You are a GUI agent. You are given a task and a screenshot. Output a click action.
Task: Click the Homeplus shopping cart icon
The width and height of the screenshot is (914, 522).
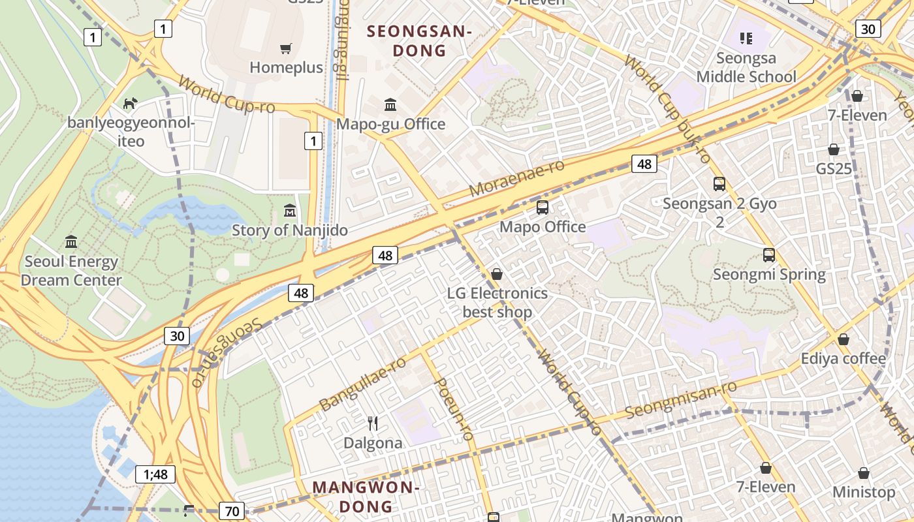pyautogui.click(x=285, y=49)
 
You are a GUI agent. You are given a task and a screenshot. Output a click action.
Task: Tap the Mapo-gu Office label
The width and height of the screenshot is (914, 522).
pyautogui.click(x=390, y=124)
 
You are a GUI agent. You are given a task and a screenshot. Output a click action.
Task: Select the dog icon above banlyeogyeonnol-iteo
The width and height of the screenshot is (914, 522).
pyautogui.click(x=131, y=103)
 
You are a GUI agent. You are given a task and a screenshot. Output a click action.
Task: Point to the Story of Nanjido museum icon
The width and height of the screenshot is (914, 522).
pyautogui.click(x=290, y=211)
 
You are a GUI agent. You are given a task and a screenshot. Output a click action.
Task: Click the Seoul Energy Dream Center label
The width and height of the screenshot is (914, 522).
pyautogui.click(x=71, y=271)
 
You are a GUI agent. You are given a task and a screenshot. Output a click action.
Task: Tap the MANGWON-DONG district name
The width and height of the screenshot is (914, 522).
pyautogui.click(x=365, y=497)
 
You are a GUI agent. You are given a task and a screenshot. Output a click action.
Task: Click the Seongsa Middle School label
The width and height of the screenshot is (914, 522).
pyautogui.click(x=746, y=68)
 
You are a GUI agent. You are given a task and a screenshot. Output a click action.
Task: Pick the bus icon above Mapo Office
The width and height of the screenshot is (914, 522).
pyautogui.click(x=543, y=207)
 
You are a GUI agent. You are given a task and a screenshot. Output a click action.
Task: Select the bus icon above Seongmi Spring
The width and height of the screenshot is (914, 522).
pyautogui.click(x=769, y=255)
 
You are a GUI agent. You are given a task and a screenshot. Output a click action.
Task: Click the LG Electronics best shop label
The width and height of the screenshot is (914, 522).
pyautogui.click(x=497, y=302)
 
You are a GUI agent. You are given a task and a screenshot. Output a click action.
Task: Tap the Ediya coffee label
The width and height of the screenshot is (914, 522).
pyautogui.click(x=843, y=359)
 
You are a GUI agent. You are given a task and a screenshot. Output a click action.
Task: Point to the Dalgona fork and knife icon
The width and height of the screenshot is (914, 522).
pyautogui.click(x=373, y=423)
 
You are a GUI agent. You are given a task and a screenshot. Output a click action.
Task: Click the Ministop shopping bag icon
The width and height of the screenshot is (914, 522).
pyautogui.click(x=864, y=473)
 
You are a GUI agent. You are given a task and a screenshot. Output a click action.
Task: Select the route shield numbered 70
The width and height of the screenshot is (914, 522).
pyautogui.click(x=232, y=511)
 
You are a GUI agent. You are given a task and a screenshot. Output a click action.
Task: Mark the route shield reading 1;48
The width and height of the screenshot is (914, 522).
pyautogui.click(x=155, y=474)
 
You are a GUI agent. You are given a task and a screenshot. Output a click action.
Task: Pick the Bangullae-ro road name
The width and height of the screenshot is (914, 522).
pyautogui.click(x=363, y=384)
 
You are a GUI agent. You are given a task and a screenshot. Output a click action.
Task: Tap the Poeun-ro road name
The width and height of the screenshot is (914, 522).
pyautogui.click(x=453, y=408)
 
